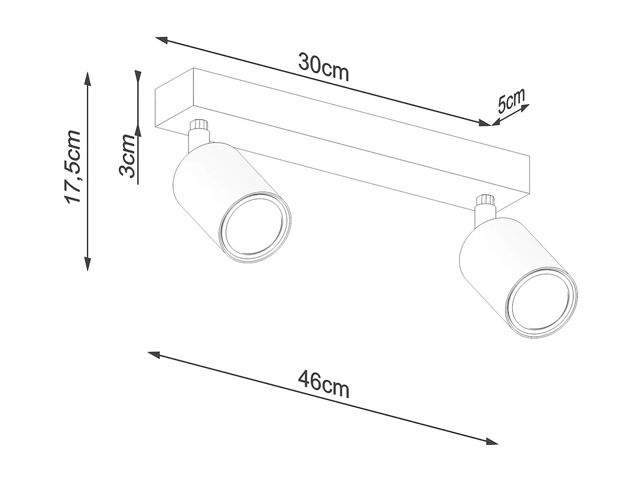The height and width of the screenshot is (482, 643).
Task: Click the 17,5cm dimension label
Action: (73, 167)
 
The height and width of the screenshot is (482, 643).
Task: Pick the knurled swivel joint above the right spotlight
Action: (486, 201)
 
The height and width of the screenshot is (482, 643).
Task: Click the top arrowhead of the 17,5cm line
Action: (87, 78)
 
